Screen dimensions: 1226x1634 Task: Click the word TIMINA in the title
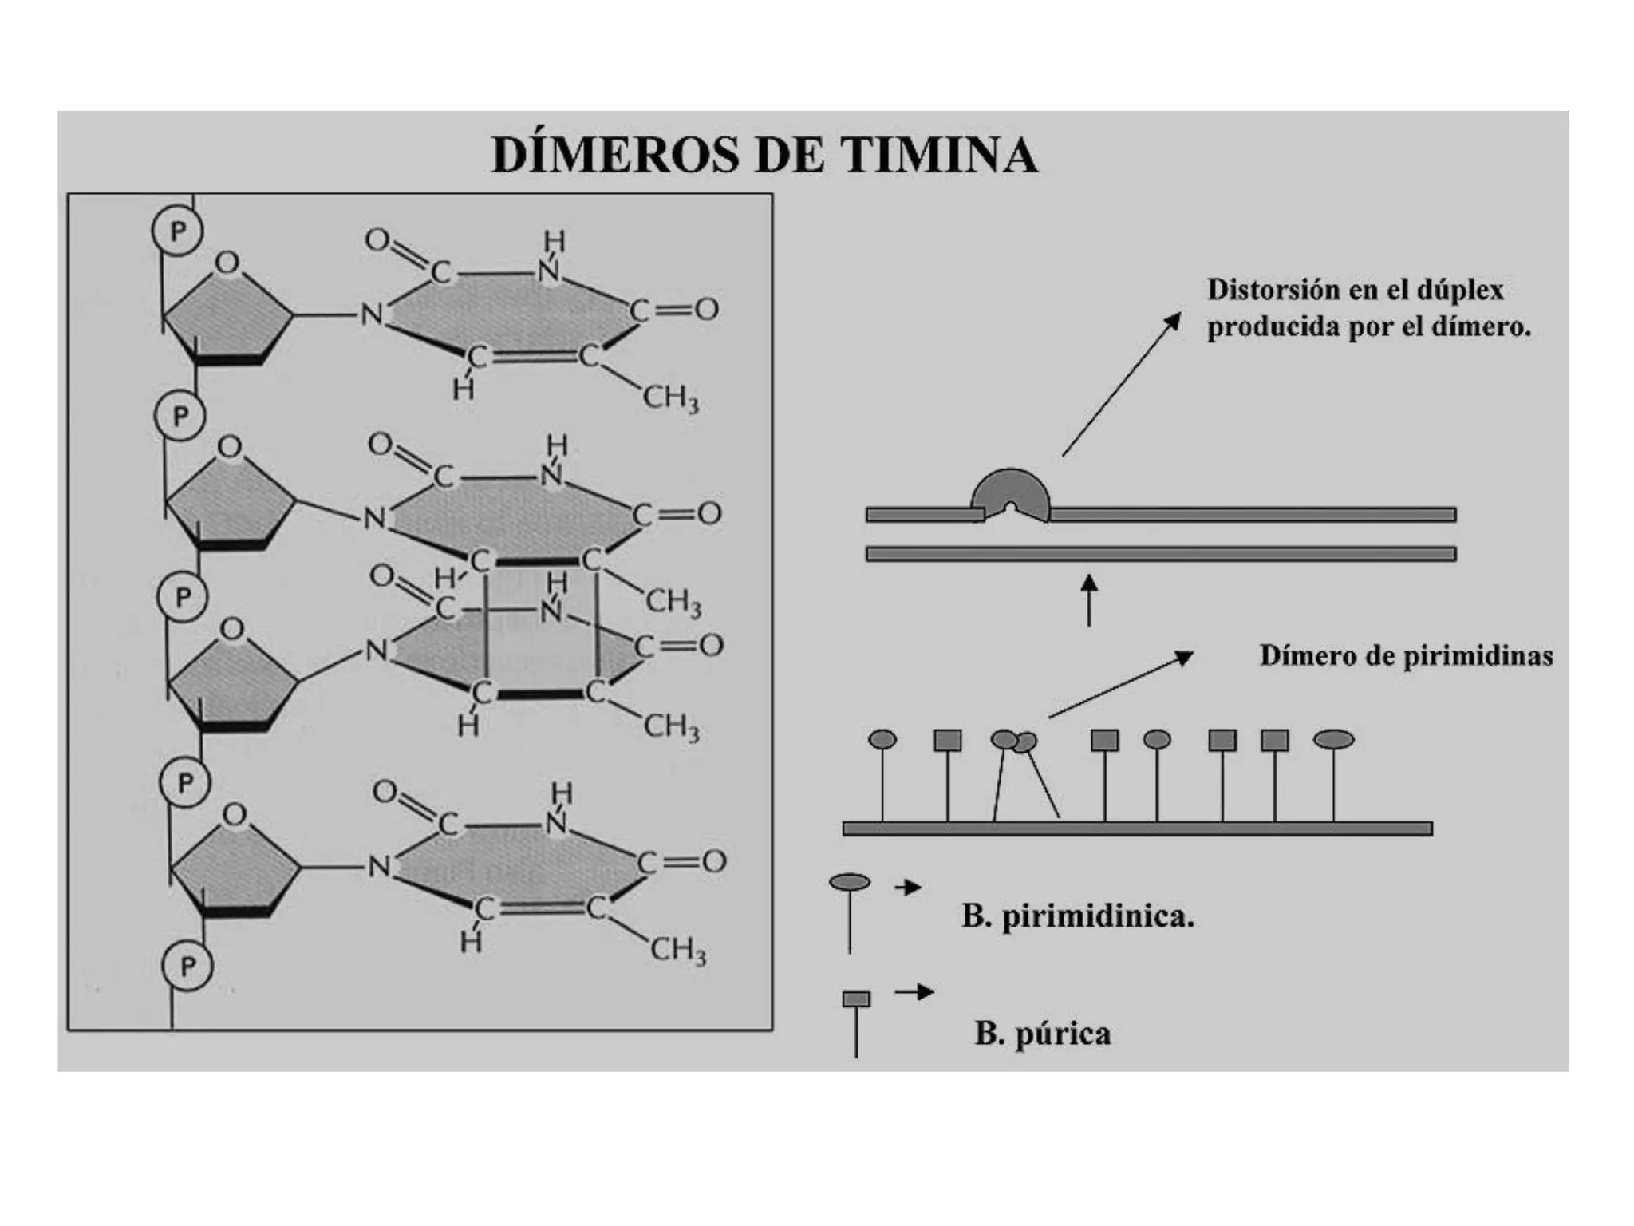click(939, 155)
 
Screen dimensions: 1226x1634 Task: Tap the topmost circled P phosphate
click(177, 231)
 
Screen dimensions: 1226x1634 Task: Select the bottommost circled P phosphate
click(187, 966)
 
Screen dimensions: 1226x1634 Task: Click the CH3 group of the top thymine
click(670, 397)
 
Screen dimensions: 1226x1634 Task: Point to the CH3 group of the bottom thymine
click(677, 950)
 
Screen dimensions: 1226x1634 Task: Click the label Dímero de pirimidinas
click(1406, 656)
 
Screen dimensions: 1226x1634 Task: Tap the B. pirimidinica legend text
click(1077, 916)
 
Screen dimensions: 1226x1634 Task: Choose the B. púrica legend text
click(1042, 1034)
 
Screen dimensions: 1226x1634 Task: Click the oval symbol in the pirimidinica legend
click(850, 882)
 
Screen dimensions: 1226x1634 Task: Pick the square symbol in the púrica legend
click(856, 999)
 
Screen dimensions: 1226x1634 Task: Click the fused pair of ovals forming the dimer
click(1013, 742)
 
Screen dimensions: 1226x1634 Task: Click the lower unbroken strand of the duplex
click(1161, 554)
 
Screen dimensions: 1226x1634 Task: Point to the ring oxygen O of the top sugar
click(227, 263)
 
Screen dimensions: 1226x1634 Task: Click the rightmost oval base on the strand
click(1333, 740)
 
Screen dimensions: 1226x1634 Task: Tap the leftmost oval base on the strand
click(882, 740)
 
